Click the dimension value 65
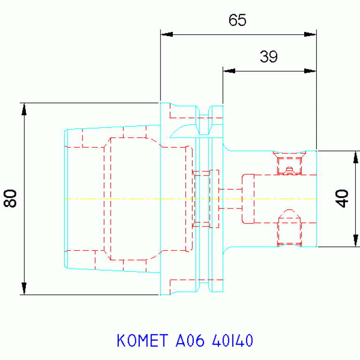[237, 20]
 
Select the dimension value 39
[268, 56]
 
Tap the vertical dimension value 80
[10, 199]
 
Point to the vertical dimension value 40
[342, 199]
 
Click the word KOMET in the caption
[142, 340]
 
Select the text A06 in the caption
[190, 340]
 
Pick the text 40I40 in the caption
[233, 340]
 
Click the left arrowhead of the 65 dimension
[167, 34]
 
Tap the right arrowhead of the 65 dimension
[310, 34]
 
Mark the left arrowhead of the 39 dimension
[229, 71]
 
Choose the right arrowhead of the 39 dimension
[310, 71]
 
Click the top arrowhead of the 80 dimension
[24, 109]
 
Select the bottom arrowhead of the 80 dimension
[24, 288]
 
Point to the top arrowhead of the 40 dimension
[356, 157]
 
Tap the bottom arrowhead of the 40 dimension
[356, 241]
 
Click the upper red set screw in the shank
[289, 163]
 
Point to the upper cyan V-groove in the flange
[204, 120]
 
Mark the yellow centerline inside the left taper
[112, 199]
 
